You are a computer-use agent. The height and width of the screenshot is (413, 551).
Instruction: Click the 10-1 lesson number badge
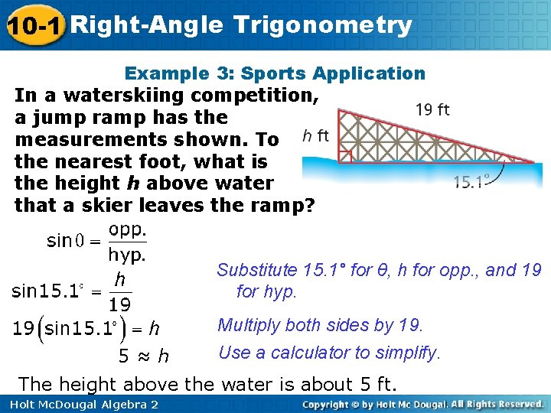tap(32, 26)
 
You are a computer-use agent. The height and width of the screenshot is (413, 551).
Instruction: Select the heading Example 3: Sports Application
tap(275, 73)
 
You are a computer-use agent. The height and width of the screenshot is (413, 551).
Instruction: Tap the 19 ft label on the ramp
tap(432, 109)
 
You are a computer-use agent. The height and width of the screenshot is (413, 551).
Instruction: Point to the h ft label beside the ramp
tap(315, 136)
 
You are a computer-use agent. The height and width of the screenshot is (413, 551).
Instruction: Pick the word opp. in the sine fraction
tap(128, 229)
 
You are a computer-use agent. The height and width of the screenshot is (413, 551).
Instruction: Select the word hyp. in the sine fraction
tap(128, 252)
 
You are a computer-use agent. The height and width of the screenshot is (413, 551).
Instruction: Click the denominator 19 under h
tap(119, 305)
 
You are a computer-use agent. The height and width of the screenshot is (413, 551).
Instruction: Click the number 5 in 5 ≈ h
tap(123, 356)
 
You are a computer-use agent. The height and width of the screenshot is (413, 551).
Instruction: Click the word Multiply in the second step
tap(246, 325)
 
